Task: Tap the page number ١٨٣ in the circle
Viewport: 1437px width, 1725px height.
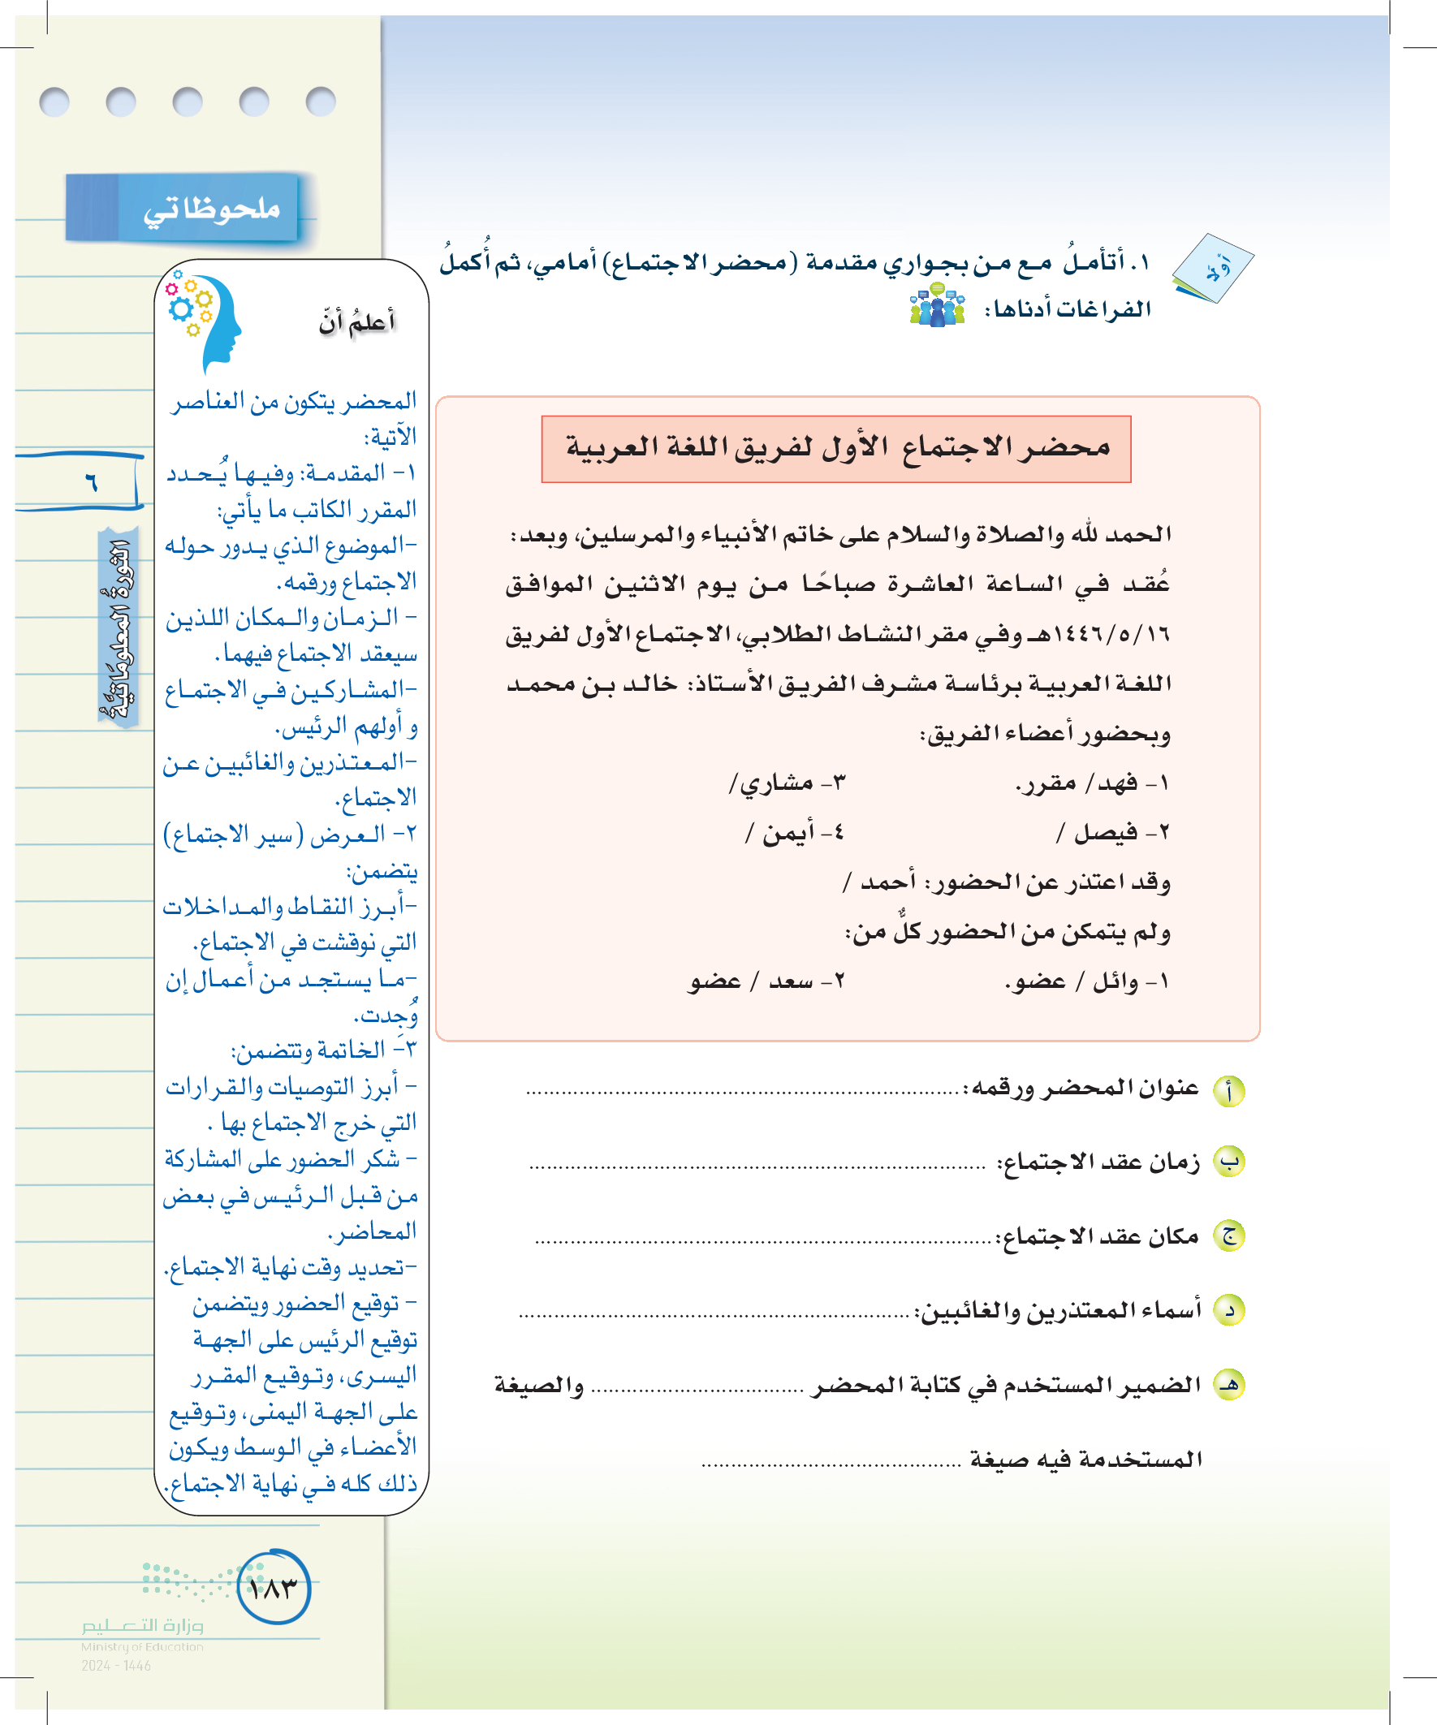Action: (274, 1588)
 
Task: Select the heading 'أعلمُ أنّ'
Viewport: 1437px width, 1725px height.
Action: (356, 322)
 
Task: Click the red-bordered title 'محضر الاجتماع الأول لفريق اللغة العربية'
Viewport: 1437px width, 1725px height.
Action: (836, 448)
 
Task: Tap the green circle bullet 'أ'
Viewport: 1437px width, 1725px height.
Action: (1229, 1091)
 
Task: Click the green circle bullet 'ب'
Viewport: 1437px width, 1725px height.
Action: (1229, 1162)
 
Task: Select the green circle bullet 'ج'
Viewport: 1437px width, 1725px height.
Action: (1229, 1236)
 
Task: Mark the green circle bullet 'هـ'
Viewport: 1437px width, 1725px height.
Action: (1229, 1385)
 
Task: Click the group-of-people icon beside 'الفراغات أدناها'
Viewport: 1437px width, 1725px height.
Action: (938, 305)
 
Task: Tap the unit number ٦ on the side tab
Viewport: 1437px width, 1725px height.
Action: (91, 482)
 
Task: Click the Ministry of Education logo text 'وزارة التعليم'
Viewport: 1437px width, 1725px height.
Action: (142, 1625)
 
